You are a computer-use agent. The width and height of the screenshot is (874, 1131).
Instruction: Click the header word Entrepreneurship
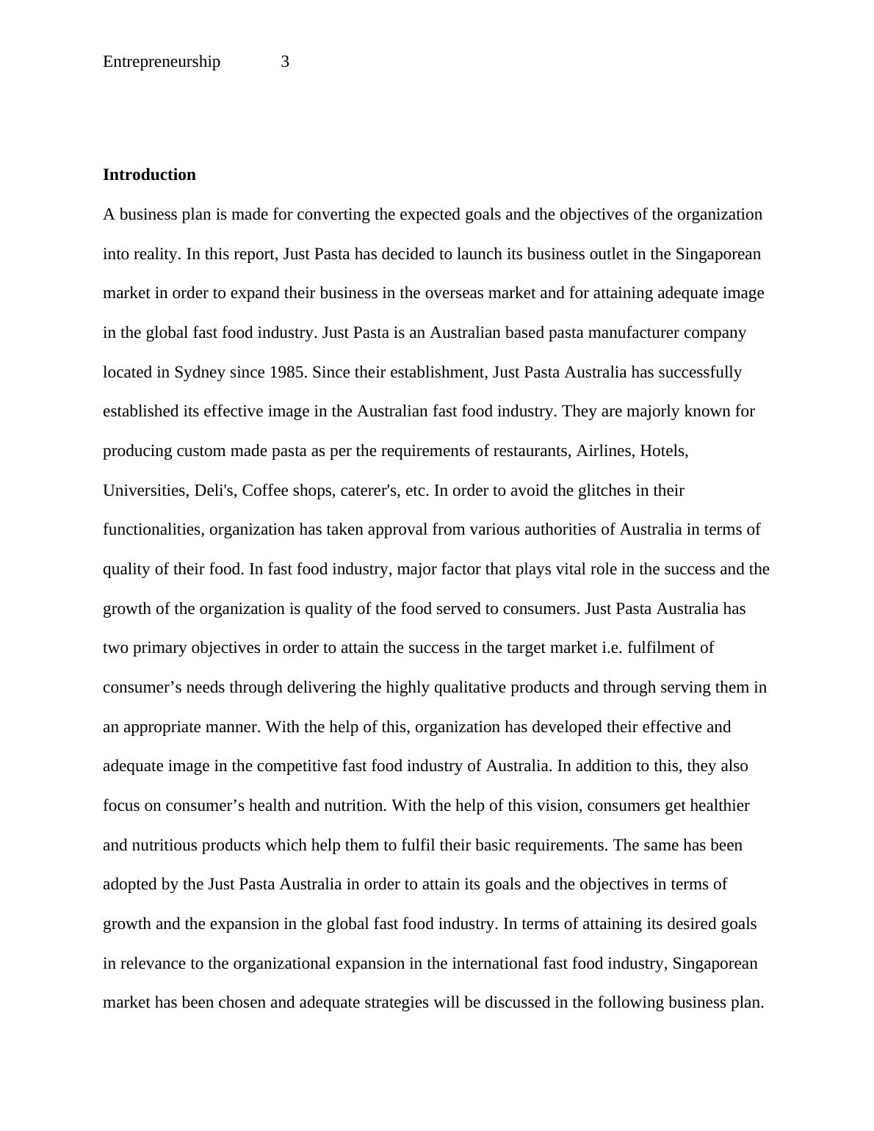[x=162, y=62]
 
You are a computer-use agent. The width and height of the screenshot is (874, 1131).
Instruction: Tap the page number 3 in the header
[x=285, y=62]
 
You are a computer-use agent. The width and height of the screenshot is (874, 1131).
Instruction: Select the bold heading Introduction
[x=149, y=175]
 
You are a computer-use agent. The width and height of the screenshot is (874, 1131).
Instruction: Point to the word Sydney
[x=199, y=372]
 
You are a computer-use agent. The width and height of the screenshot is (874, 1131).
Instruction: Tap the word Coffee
[x=266, y=491]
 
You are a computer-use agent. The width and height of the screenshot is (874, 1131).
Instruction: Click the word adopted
[x=130, y=884]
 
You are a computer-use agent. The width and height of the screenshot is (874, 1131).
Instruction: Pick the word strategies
[x=396, y=1002]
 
